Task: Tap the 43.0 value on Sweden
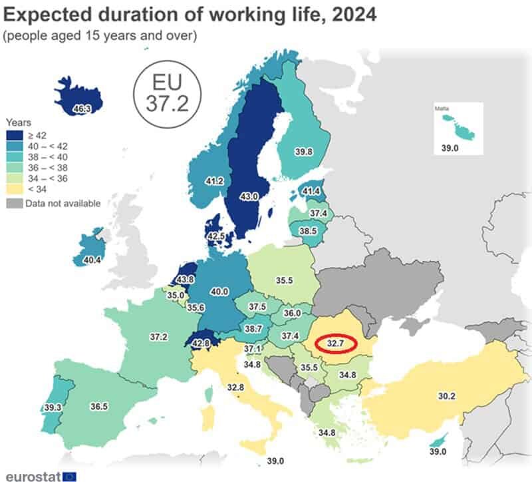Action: (x=249, y=198)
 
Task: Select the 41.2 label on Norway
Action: (x=213, y=180)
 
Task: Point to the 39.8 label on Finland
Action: (x=305, y=152)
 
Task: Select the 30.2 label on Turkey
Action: (x=445, y=396)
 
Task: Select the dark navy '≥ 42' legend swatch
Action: (x=15, y=134)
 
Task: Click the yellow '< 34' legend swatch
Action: (x=15, y=190)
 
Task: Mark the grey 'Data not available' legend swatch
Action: (x=15, y=203)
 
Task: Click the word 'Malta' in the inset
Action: (x=442, y=108)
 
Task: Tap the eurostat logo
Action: (x=40, y=475)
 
